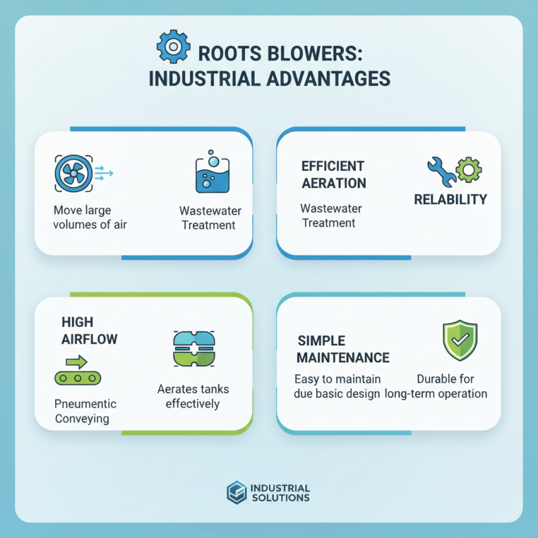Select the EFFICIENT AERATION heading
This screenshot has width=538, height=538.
[x=334, y=174]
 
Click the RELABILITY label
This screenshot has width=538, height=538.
[x=450, y=200]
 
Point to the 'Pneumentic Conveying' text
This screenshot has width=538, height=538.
[x=85, y=411]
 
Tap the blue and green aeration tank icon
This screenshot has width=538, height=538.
[x=192, y=348]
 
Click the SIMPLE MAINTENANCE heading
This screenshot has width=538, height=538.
[x=343, y=348]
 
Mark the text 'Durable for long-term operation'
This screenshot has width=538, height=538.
[x=436, y=386]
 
